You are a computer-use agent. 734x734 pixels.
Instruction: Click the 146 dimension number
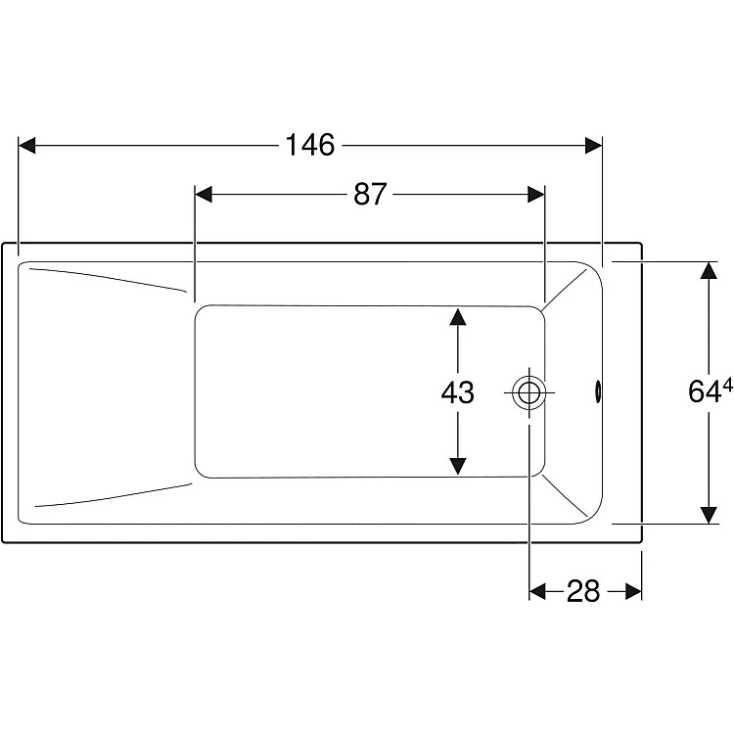(310, 145)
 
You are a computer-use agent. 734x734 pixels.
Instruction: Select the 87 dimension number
(370, 194)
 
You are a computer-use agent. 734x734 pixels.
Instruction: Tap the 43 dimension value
(457, 392)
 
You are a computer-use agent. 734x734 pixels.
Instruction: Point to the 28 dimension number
(583, 591)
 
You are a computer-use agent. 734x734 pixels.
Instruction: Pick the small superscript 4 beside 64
(727, 386)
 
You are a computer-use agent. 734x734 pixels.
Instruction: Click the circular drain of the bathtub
(528, 392)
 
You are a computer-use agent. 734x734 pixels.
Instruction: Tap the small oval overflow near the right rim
(598, 391)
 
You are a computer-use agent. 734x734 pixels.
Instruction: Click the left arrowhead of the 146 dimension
(26, 145)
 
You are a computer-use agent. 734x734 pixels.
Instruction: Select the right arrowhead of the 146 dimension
(594, 145)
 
